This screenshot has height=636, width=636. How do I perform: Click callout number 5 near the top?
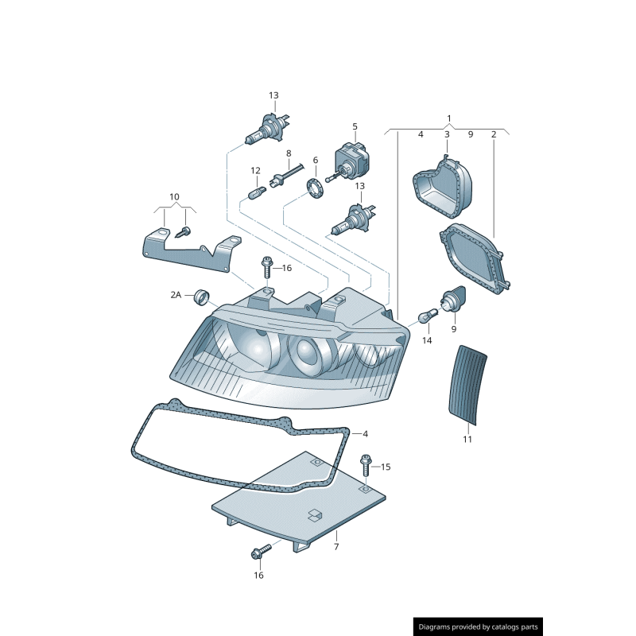point(355,126)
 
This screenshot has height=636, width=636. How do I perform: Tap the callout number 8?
point(289,153)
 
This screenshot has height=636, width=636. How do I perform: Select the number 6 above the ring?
point(315,161)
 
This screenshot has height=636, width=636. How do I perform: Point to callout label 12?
point(256,170)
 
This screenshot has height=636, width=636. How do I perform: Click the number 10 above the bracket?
point(174,196)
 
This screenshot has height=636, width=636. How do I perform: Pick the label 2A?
point(176,295)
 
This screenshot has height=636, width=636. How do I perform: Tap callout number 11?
point(467,439)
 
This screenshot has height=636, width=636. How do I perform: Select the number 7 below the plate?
point(336,547)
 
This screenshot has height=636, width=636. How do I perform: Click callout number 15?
point(386,467)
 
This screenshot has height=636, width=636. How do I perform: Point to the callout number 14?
point(427,340)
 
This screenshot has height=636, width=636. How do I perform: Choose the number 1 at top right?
point(448,118)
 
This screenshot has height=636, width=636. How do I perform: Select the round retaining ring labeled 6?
point(316,189)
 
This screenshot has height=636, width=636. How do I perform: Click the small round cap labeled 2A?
point(204,298)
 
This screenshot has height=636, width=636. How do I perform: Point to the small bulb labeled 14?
point(426,316)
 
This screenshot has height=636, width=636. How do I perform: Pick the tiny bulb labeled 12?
point(256,193)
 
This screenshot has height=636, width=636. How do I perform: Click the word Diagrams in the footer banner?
point(440,627)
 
